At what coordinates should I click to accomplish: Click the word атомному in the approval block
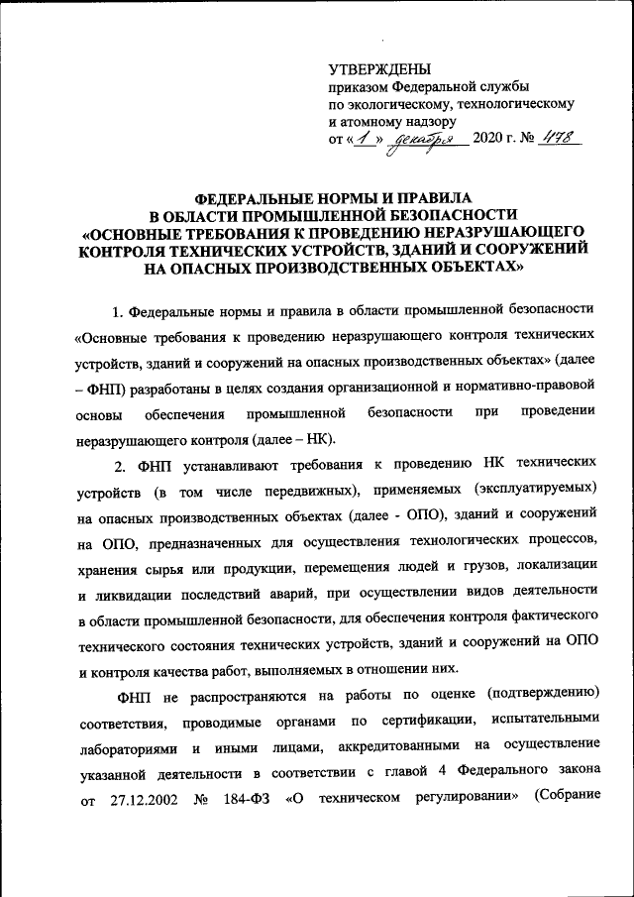click(378, 120)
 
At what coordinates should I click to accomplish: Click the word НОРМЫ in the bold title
click(326, 197)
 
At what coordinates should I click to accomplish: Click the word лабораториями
click(127, 746)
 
